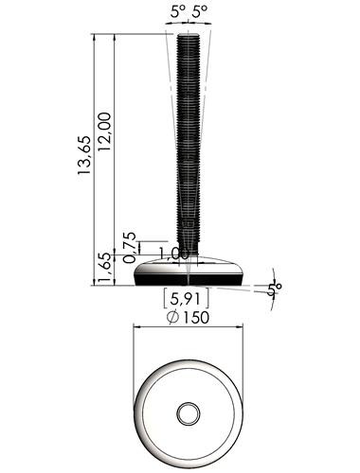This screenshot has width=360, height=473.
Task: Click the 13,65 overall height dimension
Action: pyautogui.click(x=84, y=155)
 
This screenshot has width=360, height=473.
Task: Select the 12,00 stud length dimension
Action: pyautogui.click(x=104, y=131)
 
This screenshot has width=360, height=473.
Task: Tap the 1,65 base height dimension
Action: pyautogui.click(x=104, y=268)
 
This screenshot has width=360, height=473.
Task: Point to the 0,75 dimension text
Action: pyautogui.click(x=129, y=248)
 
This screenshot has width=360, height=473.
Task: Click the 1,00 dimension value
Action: pyautogui.click(x=173, y=254)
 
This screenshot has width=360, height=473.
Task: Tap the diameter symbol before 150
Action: pyautogui.click(x=172, y=318)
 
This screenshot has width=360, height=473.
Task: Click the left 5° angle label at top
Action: pyautogui.click(x=178, y=12)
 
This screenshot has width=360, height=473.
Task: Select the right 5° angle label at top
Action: pyautogui.click(x=200, y=12)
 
